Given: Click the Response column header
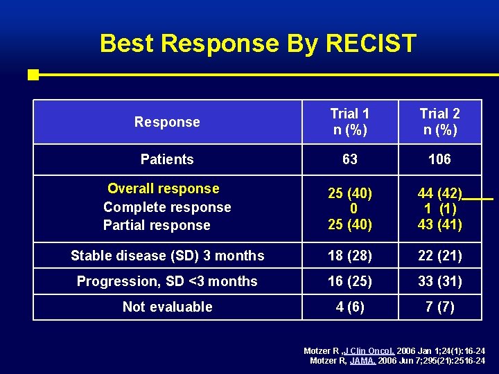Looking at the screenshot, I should point(167,122).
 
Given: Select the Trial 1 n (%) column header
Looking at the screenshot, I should point(350,122).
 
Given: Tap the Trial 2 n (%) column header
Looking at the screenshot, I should point(439,122).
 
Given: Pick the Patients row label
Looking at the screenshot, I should point(167,159).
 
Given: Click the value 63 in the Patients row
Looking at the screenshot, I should point(350,159).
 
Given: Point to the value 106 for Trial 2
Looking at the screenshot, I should point(439,159).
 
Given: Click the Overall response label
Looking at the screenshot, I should point(164,188).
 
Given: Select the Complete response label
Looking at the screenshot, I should point(167,207).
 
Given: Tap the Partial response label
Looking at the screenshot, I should point(157,225).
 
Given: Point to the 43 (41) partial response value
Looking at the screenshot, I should point(439,224).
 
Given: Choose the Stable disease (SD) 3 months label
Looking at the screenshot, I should point(167,256).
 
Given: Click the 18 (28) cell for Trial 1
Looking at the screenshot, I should point(350,256).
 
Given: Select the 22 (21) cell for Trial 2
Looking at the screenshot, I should point(439,256).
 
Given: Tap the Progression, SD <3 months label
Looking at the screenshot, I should point(167,281).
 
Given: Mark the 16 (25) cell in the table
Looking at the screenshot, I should point(350,281).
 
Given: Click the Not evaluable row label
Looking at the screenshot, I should point(167,307).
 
